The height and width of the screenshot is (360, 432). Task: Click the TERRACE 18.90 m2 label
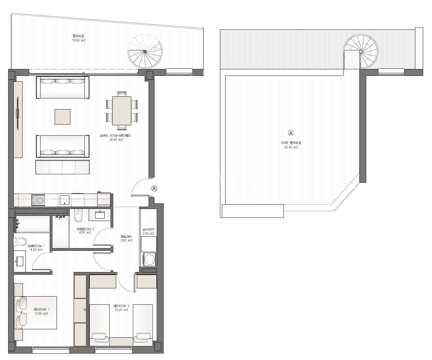tap(79, 38)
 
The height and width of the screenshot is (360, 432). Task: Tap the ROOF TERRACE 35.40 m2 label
tap(291, 145)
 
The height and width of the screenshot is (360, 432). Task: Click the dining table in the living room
tap(122, 111)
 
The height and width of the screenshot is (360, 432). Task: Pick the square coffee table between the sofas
tap(62, 117)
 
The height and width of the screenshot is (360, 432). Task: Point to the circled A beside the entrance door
tap(154, 188)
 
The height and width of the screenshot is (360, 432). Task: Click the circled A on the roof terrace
tap(291, 133)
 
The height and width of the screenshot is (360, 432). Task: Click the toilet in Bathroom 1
tap(21, 242)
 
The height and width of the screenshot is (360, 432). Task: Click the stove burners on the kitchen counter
tap(38, 200)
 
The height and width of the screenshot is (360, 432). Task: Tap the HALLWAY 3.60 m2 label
tap(126, 238)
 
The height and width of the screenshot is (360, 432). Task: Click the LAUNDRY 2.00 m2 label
tap(148, 231)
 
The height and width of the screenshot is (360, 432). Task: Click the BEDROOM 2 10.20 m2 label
tap(121, 308)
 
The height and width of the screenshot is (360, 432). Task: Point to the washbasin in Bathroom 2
tap(100, 214)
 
